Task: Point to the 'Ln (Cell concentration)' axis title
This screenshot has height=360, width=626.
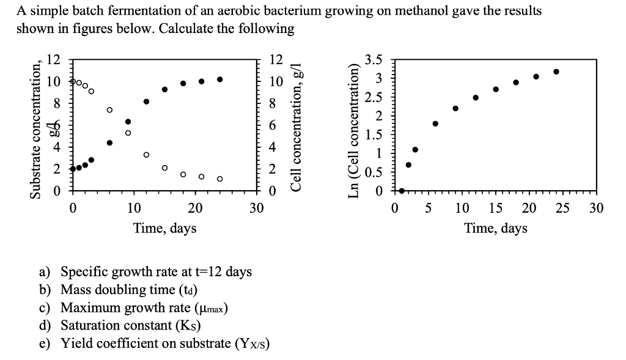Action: pyautogui.click(x=354, y=131)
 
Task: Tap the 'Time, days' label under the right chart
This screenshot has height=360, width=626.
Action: pyautogui.click(x=496, y=229)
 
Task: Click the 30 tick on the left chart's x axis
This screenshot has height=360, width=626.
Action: pyautogui.click(x=256, y=208)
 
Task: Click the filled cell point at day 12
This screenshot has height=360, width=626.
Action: pyautogui.click(x=146, y=101)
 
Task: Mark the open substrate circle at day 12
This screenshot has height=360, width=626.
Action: pyautogui.click(x=146, y=155)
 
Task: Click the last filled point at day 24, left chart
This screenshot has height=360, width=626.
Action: pyautogui.click(x=219, y=79)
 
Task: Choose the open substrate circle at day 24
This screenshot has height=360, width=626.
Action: pyautogui.click(x=219, y=178)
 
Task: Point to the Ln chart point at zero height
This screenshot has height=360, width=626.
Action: pyautogui.click(x=402, y=191)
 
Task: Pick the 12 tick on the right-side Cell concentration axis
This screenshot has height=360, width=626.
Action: pyautogui.click(x=276, y=60)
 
